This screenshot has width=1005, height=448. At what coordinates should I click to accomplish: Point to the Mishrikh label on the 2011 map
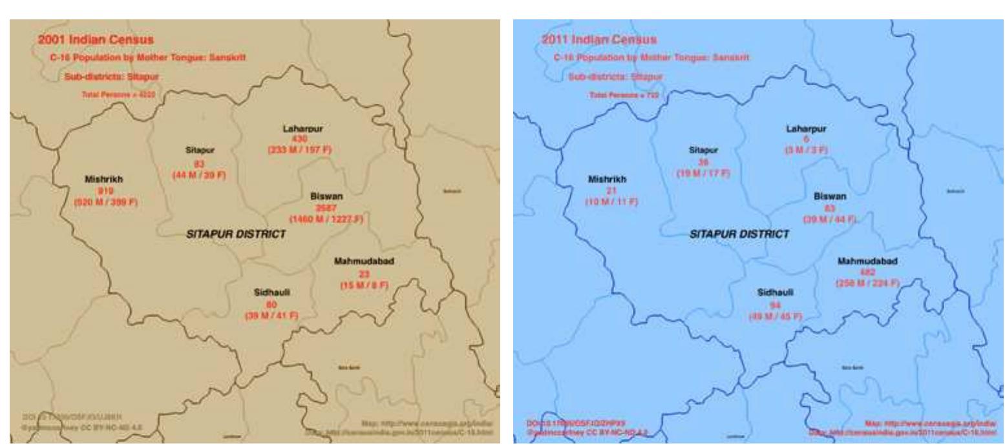point(607,179)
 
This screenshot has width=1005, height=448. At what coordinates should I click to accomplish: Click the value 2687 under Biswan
point(326,208)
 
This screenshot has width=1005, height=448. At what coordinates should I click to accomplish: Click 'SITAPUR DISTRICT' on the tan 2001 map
point(236,234)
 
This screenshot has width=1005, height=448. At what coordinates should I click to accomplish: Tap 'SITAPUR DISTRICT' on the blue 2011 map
point(739,234)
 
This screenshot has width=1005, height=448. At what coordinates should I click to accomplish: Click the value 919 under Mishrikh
point(105,190)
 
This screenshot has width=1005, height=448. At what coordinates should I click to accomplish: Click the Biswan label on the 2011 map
point(830,196)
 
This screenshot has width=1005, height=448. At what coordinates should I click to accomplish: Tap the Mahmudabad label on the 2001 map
point(364,261)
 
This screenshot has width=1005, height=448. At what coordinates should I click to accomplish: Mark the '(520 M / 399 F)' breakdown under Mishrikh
point(106,201)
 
